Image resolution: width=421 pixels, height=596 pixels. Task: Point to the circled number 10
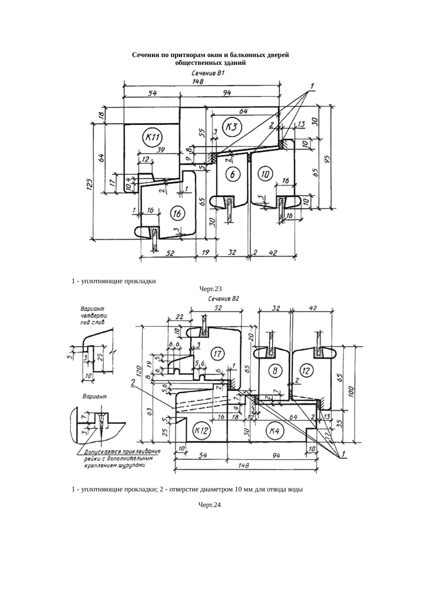point(265,175)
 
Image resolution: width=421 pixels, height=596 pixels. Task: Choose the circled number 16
point(177,214)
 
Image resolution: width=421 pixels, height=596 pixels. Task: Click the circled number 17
point(217,354)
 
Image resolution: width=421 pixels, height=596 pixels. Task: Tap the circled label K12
point(201,431)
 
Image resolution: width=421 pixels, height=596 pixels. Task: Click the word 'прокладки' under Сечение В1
point(140,281)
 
